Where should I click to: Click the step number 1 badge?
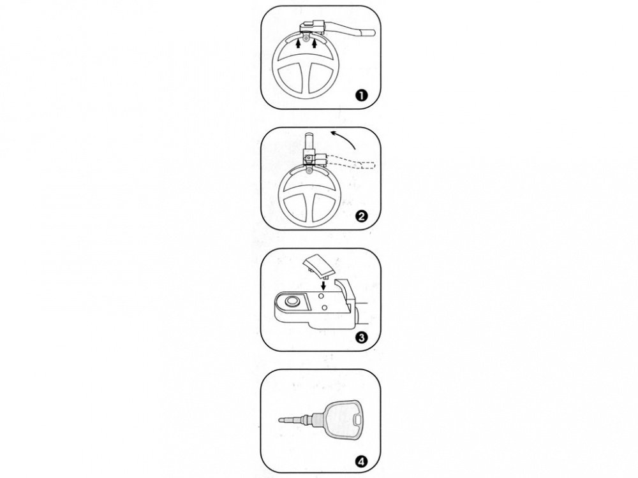tap(361, 96)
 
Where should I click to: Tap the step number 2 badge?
tap(361, 216)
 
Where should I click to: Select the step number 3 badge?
tap(361, 337)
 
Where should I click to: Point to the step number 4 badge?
tap(361, 461)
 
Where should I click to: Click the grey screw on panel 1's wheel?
tap(306, 38)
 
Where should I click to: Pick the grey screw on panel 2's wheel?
tap(309, 171)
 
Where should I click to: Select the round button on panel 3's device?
tap(292, 301)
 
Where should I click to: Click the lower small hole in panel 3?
tap(324, 308)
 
